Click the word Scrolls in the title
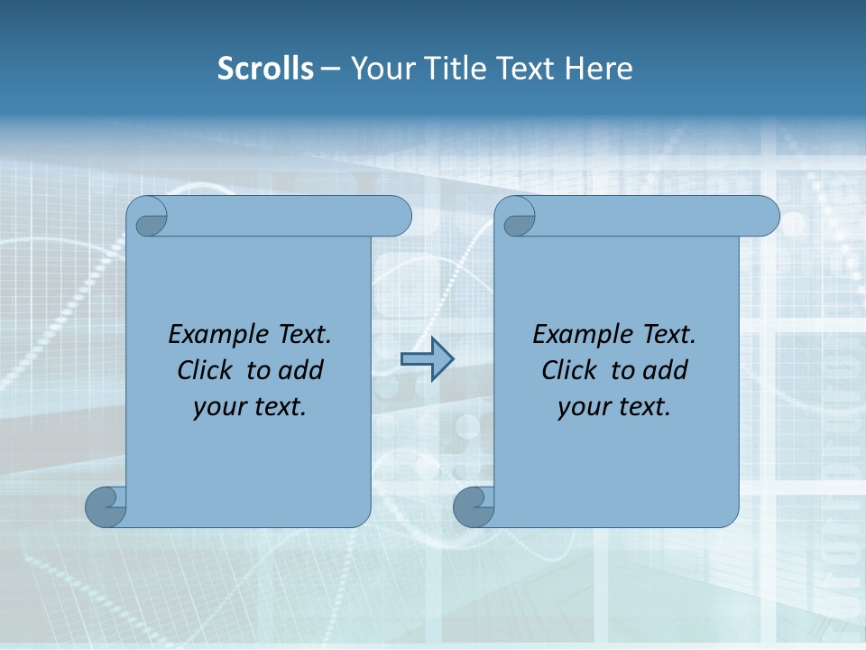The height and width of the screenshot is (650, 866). (x=265, y=69)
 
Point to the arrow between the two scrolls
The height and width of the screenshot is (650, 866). (x=427, y=359)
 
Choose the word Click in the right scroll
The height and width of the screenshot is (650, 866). (x=568, y=370)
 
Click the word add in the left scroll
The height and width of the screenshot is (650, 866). (x=300, y=370)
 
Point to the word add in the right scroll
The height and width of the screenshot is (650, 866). (x=665, y=370)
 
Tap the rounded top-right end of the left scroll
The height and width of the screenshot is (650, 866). (x=397, y=216)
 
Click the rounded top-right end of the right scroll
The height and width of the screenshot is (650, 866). (x=765, y=216)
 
